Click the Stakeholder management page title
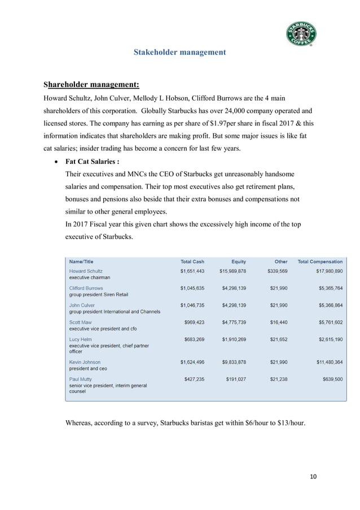(x=179, y=53)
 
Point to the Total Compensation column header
(x=319, y=261)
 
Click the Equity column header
(x=239, y=261)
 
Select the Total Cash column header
(x=192, y=261)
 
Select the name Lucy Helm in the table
(x=81, y=339)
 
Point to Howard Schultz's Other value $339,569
(x=277, y=271)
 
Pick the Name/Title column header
(x=82, y=261)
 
